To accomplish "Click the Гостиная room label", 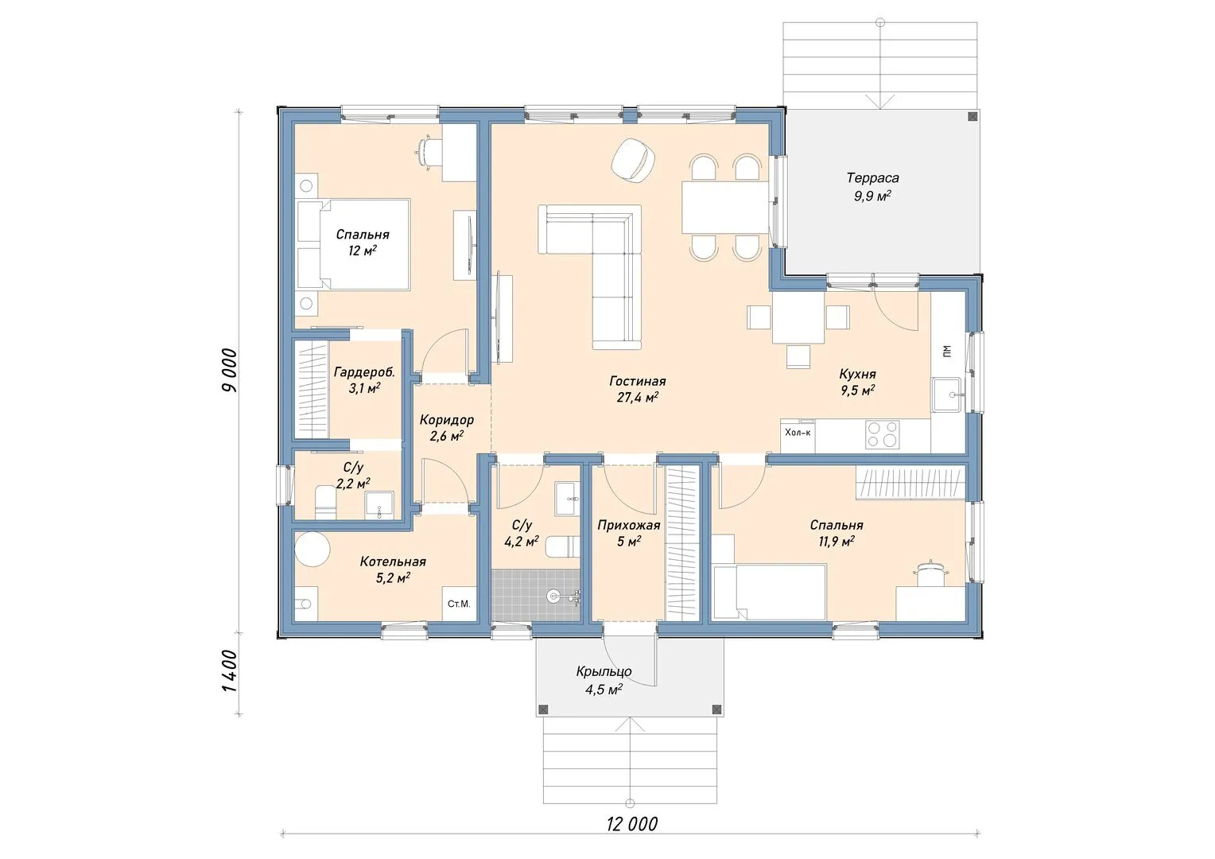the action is pos(638,382).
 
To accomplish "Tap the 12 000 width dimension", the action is pos(632,824).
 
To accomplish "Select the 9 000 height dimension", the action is pos(230,371).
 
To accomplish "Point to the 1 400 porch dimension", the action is pos(230,671).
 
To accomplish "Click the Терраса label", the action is pos(873,178).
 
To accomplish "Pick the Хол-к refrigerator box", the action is pos(798,436).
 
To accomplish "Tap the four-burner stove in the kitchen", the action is pos(882,435).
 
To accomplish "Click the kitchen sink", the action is pos(946,395).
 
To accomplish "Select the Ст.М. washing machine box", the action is pos(459,604).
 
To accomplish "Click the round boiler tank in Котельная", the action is pos(312,549).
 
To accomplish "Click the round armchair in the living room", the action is pos(632,160).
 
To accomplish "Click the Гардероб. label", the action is pos(364,372).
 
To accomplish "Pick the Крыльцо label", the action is pos(604,672).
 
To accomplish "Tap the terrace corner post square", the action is pos(972,116).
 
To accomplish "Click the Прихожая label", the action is pos(629,525).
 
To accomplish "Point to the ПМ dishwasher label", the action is pos(947,352).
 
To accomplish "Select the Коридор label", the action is pos(446,419).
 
